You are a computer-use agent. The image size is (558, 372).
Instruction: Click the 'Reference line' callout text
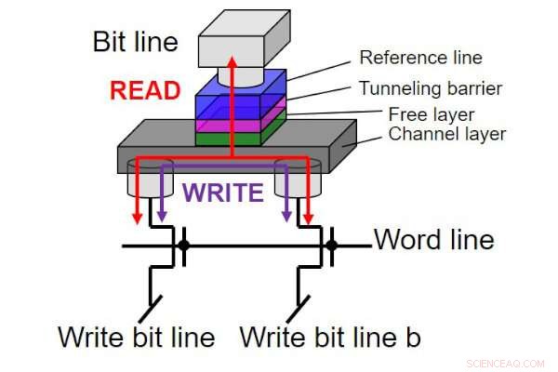tap(420, 58)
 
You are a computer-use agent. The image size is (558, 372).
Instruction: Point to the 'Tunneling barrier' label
tap(432, 88)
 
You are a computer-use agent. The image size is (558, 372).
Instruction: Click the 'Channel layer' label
tap(447, 135)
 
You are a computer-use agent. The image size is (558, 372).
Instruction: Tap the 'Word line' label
tap(433, 240)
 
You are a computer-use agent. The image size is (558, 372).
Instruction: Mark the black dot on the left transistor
tap(184, 246)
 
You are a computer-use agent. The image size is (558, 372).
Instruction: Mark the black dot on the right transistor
tap(332, 246)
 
